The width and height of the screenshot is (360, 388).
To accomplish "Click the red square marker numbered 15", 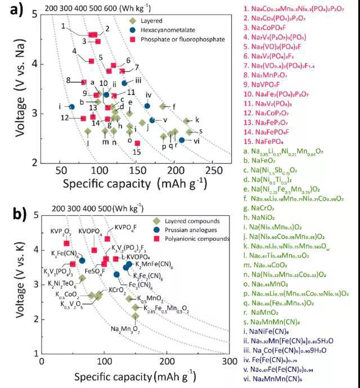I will click(x=137, y=143).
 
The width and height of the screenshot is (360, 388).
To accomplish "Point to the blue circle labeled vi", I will click(x=181, y=140).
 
